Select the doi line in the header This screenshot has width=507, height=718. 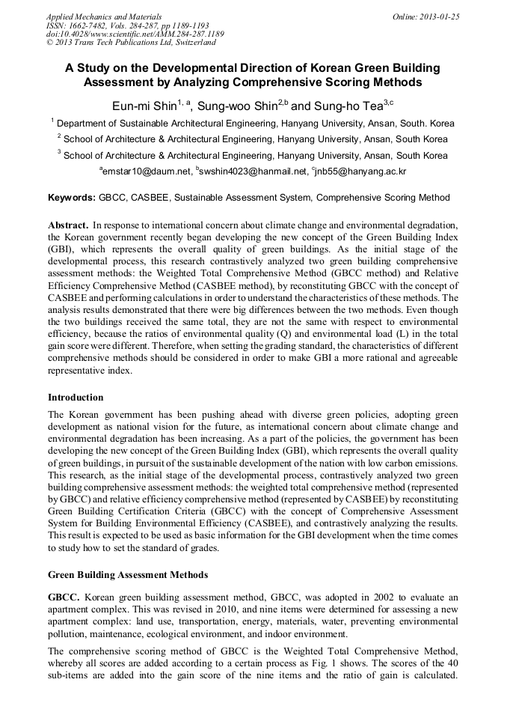135,34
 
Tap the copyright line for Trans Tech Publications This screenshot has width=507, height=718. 132,43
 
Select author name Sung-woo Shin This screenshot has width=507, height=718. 238,106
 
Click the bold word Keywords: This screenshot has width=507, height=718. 71,198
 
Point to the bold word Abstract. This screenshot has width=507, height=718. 69,225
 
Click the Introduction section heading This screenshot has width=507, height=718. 76,398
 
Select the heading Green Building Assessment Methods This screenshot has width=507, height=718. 129,575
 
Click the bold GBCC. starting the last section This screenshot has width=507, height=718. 64,597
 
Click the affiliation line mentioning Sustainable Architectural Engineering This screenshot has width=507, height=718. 256,123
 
